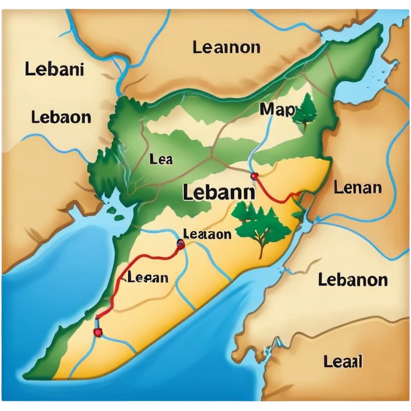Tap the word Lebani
click(54, 70)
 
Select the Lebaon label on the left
click(61, 117)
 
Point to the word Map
click(277, 109)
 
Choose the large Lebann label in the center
click(219, 192)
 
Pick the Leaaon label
click(207, 234)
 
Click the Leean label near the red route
click(148, 278)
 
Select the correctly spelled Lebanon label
click(353, 280)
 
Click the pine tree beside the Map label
click(306, 110)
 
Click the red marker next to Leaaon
click(181, 245)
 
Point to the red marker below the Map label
click(254, 176)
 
